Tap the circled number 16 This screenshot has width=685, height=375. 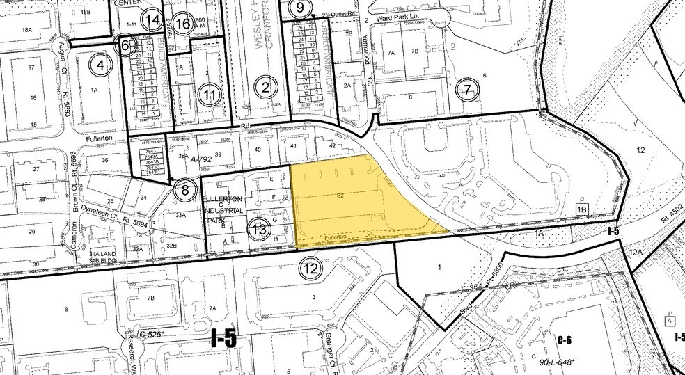click(x=182, y=24)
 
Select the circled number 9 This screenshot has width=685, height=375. click(x=300, y=8)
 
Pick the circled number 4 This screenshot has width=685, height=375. click(x=101, y=65)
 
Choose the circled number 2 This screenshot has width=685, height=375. click(x=265, y=88)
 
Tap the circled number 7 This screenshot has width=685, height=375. click(x=467, y=90)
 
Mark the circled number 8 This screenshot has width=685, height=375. click(x=184, y=189)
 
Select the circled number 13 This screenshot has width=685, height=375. click(x=260, y=229)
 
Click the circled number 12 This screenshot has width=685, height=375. click(x=310, y=267)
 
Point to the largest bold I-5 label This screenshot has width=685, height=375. click(x=224, y=339)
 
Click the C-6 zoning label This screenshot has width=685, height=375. click(x=564, y=340)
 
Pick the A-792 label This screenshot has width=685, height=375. click(x=202, y=159)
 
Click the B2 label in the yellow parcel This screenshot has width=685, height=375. click(x=341, y=197)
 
